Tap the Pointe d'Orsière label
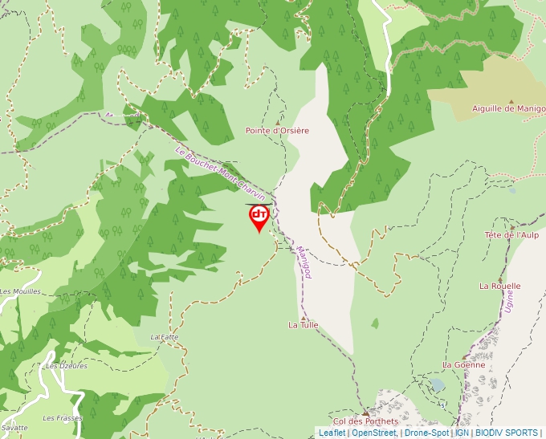277,130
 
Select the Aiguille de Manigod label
508,108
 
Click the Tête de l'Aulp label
511,234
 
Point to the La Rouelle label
499,286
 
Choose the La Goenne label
463,364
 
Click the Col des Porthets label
365,421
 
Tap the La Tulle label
304,325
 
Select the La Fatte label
164,337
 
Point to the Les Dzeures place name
66,366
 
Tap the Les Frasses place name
63,418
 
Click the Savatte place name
14,428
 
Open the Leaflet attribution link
332,433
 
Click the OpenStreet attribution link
373,433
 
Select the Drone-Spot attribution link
426,433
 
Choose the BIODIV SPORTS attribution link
506,433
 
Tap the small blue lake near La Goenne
438,384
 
